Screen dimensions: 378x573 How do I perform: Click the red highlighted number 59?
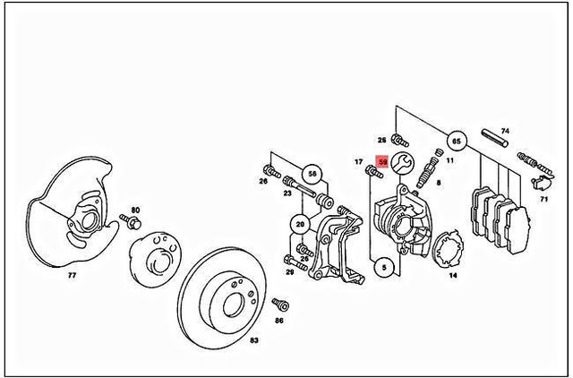383,162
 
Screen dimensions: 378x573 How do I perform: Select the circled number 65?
456,141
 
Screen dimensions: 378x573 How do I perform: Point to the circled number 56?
312,174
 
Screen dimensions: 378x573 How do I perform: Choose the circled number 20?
299,224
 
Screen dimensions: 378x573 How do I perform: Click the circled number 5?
384,266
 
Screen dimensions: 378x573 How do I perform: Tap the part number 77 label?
73,277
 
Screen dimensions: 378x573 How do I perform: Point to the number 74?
504,130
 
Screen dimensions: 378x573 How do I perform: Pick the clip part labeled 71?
540,184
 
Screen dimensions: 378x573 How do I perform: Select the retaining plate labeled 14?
447,250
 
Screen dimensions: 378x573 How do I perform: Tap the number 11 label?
450,161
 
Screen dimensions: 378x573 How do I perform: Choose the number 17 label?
357,162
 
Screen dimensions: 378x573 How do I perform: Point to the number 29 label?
289,271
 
